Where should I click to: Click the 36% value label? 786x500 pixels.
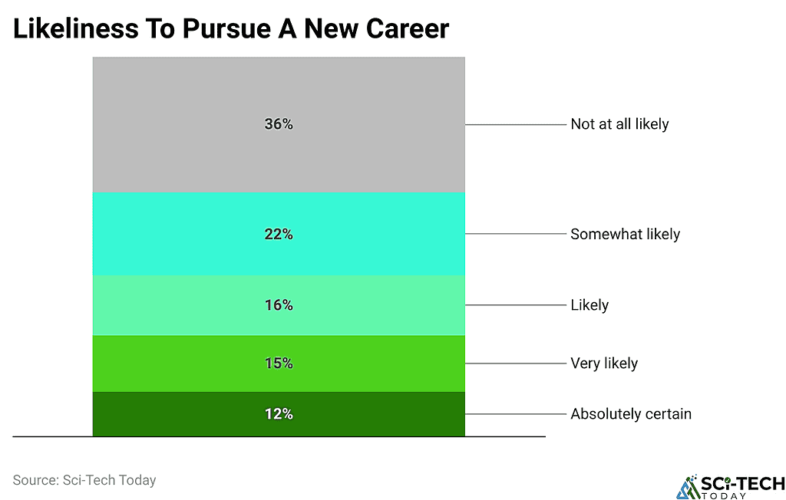[x=279, y=124]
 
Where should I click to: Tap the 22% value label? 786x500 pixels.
[x=279, y=235]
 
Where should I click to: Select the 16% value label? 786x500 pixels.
[x=279, y=305]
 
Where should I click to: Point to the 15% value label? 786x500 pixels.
[x=279, y=363]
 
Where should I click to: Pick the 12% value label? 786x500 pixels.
[x=279, y=414]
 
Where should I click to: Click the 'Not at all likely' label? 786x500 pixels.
[x=619, y=124]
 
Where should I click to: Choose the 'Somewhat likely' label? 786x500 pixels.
[x=625, y=235]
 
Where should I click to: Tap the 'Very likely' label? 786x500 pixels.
[x=604, y=363]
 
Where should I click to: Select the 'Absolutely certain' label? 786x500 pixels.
[x=631, y=414]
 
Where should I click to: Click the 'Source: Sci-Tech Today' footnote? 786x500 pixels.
[x=84, y=480]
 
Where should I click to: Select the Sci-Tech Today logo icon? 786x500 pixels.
[x=688, y=487]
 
